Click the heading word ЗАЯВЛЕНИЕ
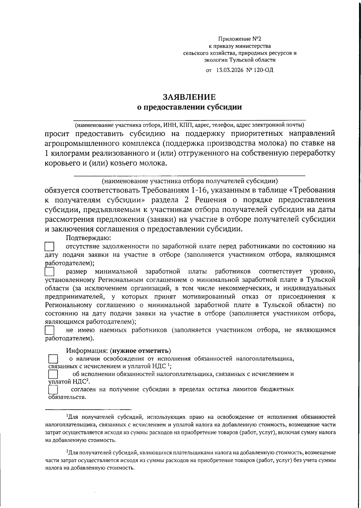coord(189,97)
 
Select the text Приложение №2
coord(240,39)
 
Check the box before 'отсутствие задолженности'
coord(49,247)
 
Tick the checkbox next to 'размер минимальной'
coord(49,272)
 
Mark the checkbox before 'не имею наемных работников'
coord(49,330)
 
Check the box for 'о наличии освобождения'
coord(53,359)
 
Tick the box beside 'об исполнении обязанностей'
coord(53,374)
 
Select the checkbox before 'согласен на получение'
coord(53,390)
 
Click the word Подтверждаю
coord(88,238)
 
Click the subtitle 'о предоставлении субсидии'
coord(189,107)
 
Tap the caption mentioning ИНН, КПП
coord(190,124)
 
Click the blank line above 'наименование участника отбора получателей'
coord(190,175)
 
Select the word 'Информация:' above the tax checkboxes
coord(87,351)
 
